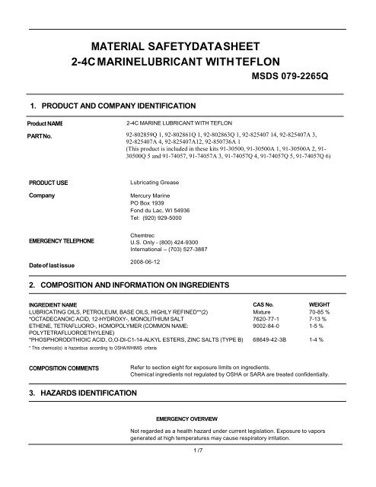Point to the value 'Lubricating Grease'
point(158,183)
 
